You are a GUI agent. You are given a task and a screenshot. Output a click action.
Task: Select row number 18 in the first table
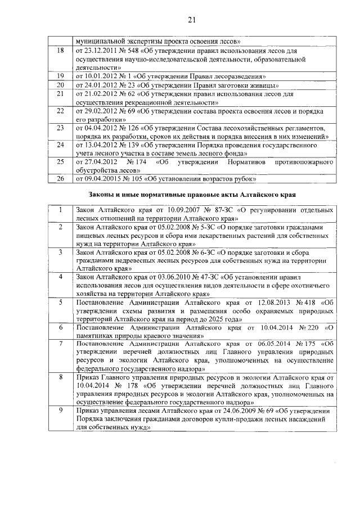click(x=60, y=51)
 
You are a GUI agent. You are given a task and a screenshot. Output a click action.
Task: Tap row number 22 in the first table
click(x=60, y=111)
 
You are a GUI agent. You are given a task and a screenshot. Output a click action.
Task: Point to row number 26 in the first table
click(x=60, y=179)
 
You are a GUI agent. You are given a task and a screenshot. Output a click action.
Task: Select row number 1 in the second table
click(x=60, y=210)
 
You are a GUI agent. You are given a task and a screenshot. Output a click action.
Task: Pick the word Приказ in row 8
click(x=88, y=377)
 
